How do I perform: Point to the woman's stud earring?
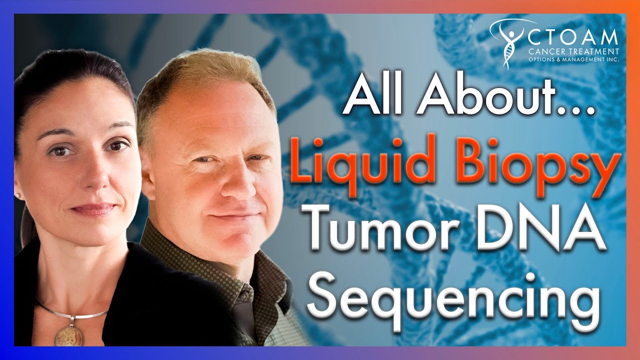point(17,195)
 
